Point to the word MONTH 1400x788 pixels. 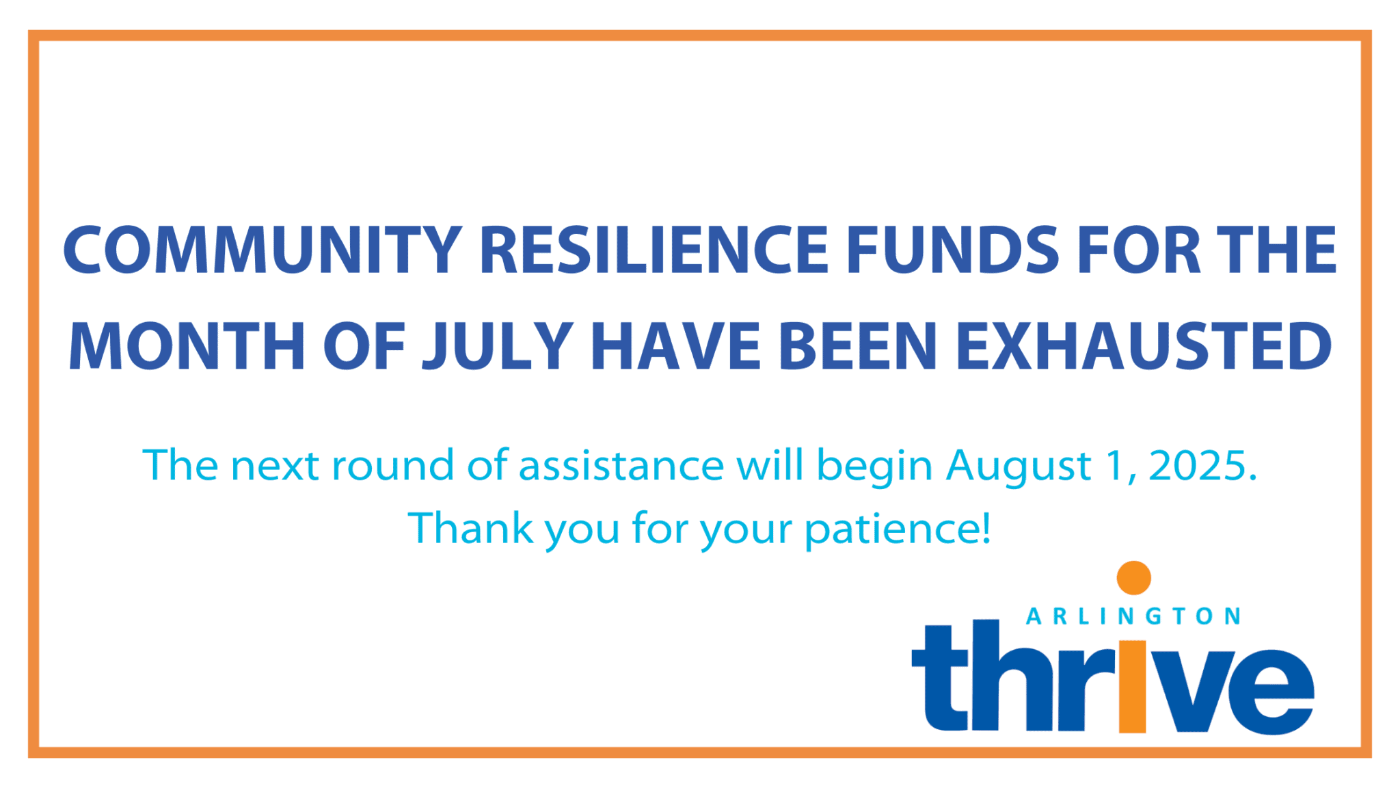click(187, 347)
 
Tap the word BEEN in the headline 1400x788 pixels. click(857, 347)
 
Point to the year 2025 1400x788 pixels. click(1201, 466)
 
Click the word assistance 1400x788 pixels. click(621, 466)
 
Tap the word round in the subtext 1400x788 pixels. click(392, 466)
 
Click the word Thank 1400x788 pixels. click(470, 529)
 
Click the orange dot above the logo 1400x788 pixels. click(1133, 578)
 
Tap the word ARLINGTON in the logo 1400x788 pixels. click(1133, 616)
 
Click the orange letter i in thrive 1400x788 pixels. click(1133, 687)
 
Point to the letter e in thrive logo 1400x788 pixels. click(1272, 692)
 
